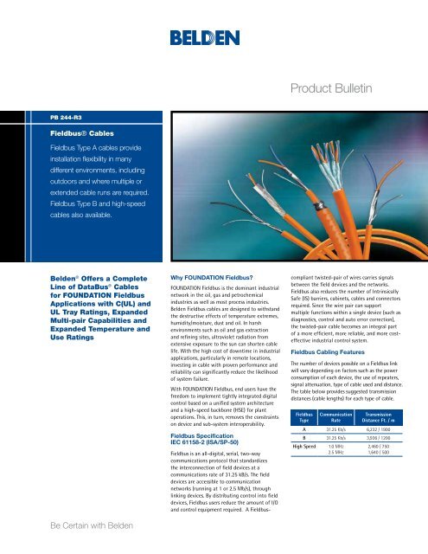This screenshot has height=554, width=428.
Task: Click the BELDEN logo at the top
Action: [214, 40]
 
